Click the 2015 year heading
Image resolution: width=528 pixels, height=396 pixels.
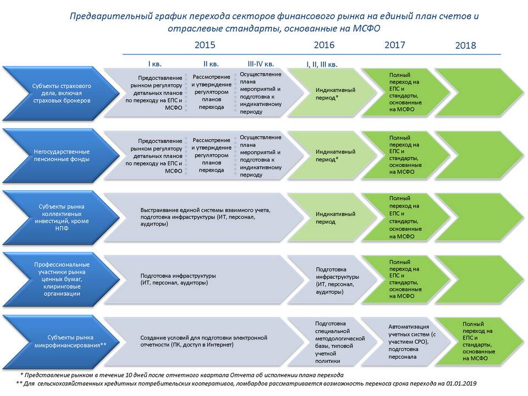click(205, 45)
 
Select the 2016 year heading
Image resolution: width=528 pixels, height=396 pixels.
click(324, 45)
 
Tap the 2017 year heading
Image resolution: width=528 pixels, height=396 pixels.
click(395, 45)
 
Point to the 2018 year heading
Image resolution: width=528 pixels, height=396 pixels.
click(466, 46)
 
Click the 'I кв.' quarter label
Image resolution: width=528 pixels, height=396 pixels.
click(155, 64)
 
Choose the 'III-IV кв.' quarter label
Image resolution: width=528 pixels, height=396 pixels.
click(261, 64)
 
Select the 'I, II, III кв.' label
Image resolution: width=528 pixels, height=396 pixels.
click(322, 64)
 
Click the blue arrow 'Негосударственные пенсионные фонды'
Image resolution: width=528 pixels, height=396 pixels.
click(61, 155)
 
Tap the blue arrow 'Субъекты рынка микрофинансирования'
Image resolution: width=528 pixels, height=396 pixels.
click(61, 342)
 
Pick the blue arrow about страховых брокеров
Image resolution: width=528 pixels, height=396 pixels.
click(61, 94)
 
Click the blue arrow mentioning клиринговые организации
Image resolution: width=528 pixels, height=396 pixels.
click(61, 279)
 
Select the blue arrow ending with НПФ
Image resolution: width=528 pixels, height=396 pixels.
click(61, 217)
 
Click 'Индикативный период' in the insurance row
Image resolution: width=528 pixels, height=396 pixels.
click(335, 94)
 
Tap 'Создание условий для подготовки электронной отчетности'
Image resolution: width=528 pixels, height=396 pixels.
click(204, 341)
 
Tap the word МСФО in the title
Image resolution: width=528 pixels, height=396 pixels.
click(366, 28)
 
